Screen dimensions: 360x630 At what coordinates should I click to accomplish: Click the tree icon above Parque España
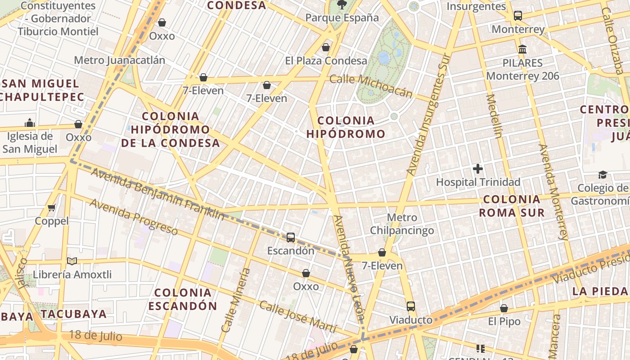click(x=342, y=4)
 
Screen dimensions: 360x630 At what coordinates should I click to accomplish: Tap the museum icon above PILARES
click(x=522, y=49)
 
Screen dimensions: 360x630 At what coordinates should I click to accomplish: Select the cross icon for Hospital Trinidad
click(x=478, y=169)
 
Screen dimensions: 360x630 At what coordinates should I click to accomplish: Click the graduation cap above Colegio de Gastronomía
click(x=603, y=175)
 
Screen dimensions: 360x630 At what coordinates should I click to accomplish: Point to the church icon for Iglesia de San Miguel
click(x=30, y=123)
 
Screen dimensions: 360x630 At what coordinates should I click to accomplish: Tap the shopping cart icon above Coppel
click(x=52, y=207)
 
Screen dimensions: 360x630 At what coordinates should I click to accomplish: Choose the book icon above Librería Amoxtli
click(x=72, y=261)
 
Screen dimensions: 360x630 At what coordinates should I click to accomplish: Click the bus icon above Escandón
click(x=291, y=237)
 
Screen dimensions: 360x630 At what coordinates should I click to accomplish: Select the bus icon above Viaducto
click(x=411, y=306)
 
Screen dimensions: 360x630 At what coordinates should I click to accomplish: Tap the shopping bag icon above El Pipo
click(x=504, y=308)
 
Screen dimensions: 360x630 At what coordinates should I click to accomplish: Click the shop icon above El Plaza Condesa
click(x=326, y=47)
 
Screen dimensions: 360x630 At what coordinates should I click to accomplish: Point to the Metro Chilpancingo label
click(x=402, y=224)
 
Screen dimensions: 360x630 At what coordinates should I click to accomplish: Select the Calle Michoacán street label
click(x=371, y=85)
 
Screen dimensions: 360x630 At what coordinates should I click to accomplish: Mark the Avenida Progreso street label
click(x=134, y=216)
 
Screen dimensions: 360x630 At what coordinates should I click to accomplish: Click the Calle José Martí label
click(x=298, y=317)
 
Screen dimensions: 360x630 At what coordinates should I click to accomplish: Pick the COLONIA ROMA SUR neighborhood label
click(x=512, y=206)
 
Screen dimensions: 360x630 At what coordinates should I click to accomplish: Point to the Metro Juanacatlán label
click(x=119, y=60)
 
